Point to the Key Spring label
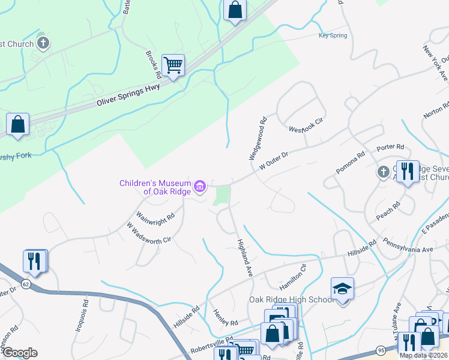tap(333, 36)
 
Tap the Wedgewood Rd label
tap(258, 138)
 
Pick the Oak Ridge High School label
tap(291, 300)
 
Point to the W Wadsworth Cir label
tap(149, 232)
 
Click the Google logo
tap(19, 353)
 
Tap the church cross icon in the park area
tap(43, 43)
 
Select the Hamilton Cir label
tap(292, 277)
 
